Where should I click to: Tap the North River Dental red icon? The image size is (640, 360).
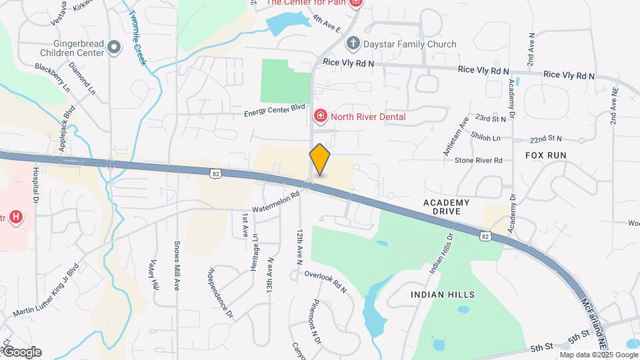[x=321, y=117]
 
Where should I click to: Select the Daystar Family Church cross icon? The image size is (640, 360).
[x=353, y=44]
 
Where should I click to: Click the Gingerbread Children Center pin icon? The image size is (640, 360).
[x=114, y=47]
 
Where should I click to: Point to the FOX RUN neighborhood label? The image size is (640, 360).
[x=545, y=155]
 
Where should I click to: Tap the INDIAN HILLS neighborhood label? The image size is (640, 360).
[x=443, y=294]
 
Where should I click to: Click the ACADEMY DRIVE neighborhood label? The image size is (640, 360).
[x=447, y=206]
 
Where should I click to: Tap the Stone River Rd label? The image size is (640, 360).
[x=478, y=161]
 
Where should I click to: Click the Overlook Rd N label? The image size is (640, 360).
[x=325, y=282]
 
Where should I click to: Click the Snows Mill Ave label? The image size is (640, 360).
[x=177, y=266]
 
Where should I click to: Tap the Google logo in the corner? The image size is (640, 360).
[x=21, y=352]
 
